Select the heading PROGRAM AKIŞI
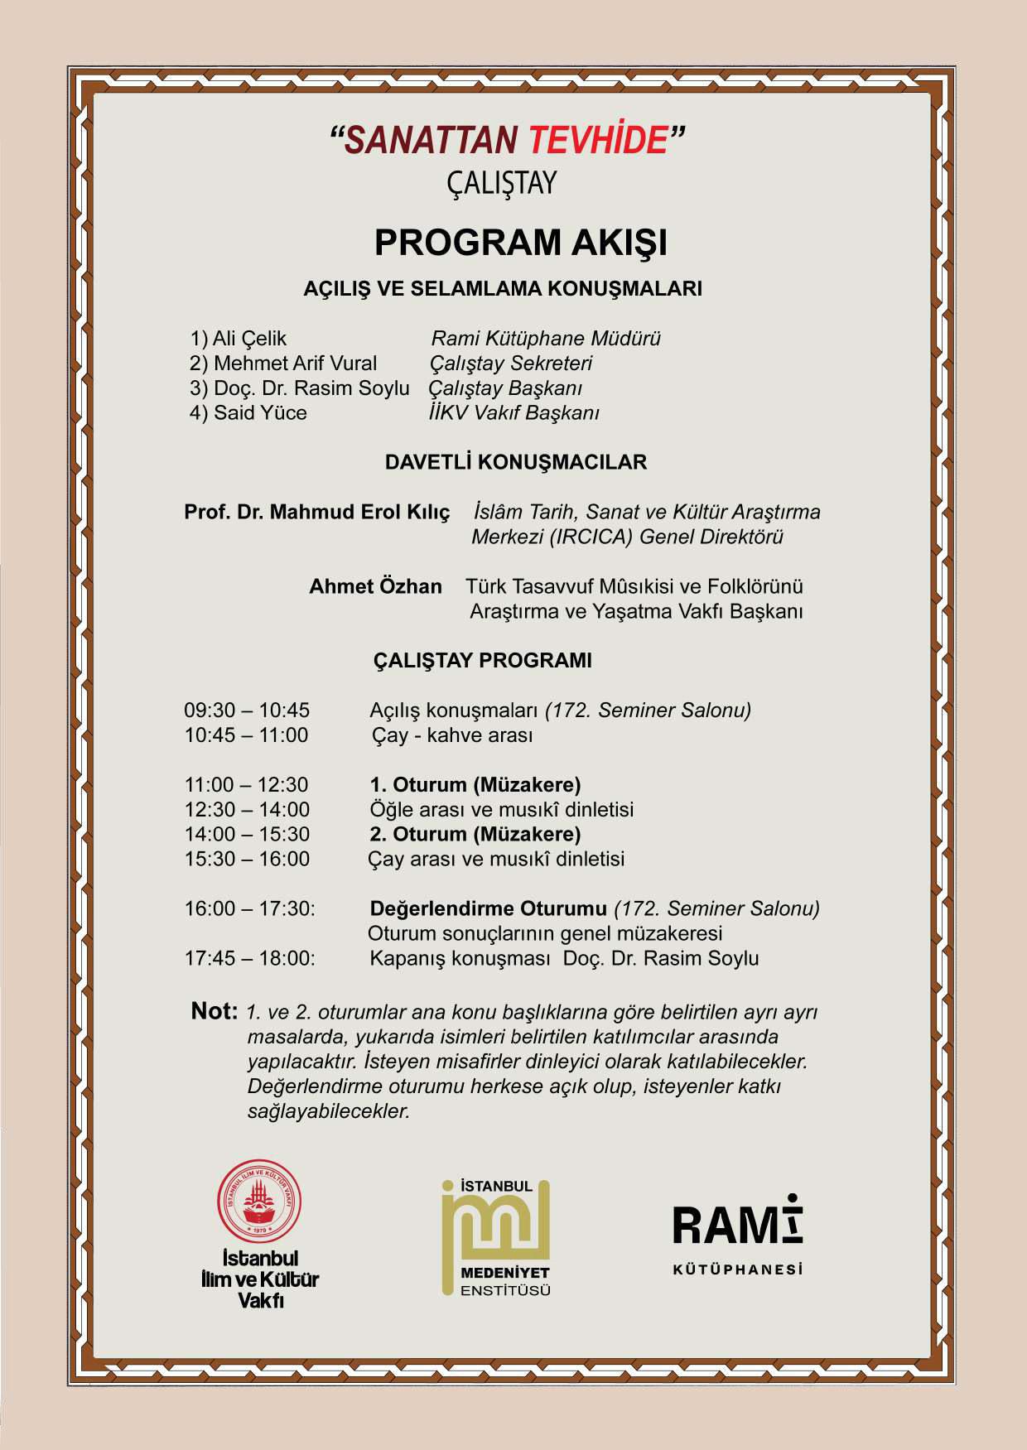pos(520,243)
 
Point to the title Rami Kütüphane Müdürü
pos(546,339)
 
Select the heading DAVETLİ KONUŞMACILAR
pos(515,462)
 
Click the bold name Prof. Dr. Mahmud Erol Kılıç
pos(316,512)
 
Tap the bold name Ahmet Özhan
pos(375,586)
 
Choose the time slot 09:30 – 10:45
pos(247,711)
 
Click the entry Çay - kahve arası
pos(451,735)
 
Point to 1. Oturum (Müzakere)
pos(475,785)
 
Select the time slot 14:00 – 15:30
pos(247,835)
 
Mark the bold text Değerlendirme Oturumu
pos(488,909)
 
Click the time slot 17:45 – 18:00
pos(249,959)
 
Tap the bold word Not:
pos(215,1011)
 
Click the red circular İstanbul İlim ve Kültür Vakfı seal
pos(259,1201)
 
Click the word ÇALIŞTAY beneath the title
pos(502,183)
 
